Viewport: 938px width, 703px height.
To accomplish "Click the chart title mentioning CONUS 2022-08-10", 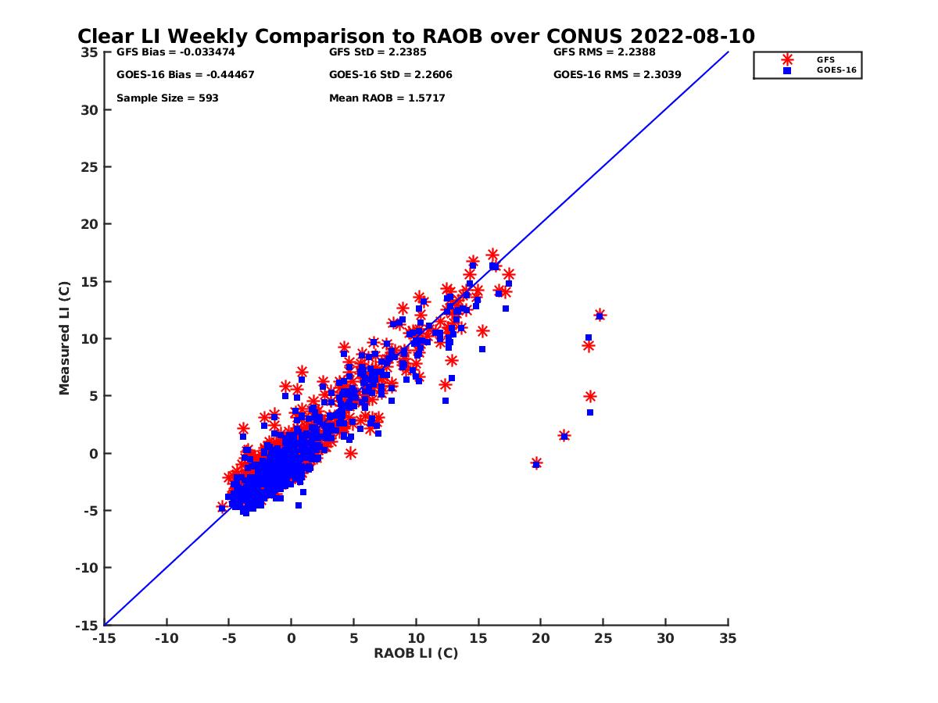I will coord(416,37).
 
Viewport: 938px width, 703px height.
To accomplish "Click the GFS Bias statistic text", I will coord(175,53).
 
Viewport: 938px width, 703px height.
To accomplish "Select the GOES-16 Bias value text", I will coord(185,75).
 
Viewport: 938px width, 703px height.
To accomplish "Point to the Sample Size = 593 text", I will coord(167,98).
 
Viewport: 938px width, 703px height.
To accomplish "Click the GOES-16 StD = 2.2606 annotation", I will coord(391,75).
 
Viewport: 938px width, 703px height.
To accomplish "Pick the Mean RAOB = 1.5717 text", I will coord(387,98).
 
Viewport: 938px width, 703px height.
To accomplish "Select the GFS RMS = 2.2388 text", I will coord(604,53).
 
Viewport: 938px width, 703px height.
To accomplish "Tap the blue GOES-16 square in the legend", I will coord(786,70).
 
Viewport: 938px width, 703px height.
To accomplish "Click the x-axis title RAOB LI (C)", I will coord(416,653).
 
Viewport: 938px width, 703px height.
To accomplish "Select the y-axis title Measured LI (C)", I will coord(64,337).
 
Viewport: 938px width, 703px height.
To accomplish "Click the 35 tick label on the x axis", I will coord(728,638).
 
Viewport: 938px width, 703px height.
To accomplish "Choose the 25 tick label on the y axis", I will coord(91,167).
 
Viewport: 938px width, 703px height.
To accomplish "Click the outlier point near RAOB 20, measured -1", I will coord(536,463).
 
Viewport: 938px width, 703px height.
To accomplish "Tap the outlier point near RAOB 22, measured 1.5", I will coord(564,436).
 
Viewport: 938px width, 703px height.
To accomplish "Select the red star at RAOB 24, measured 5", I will coord(590,397).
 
